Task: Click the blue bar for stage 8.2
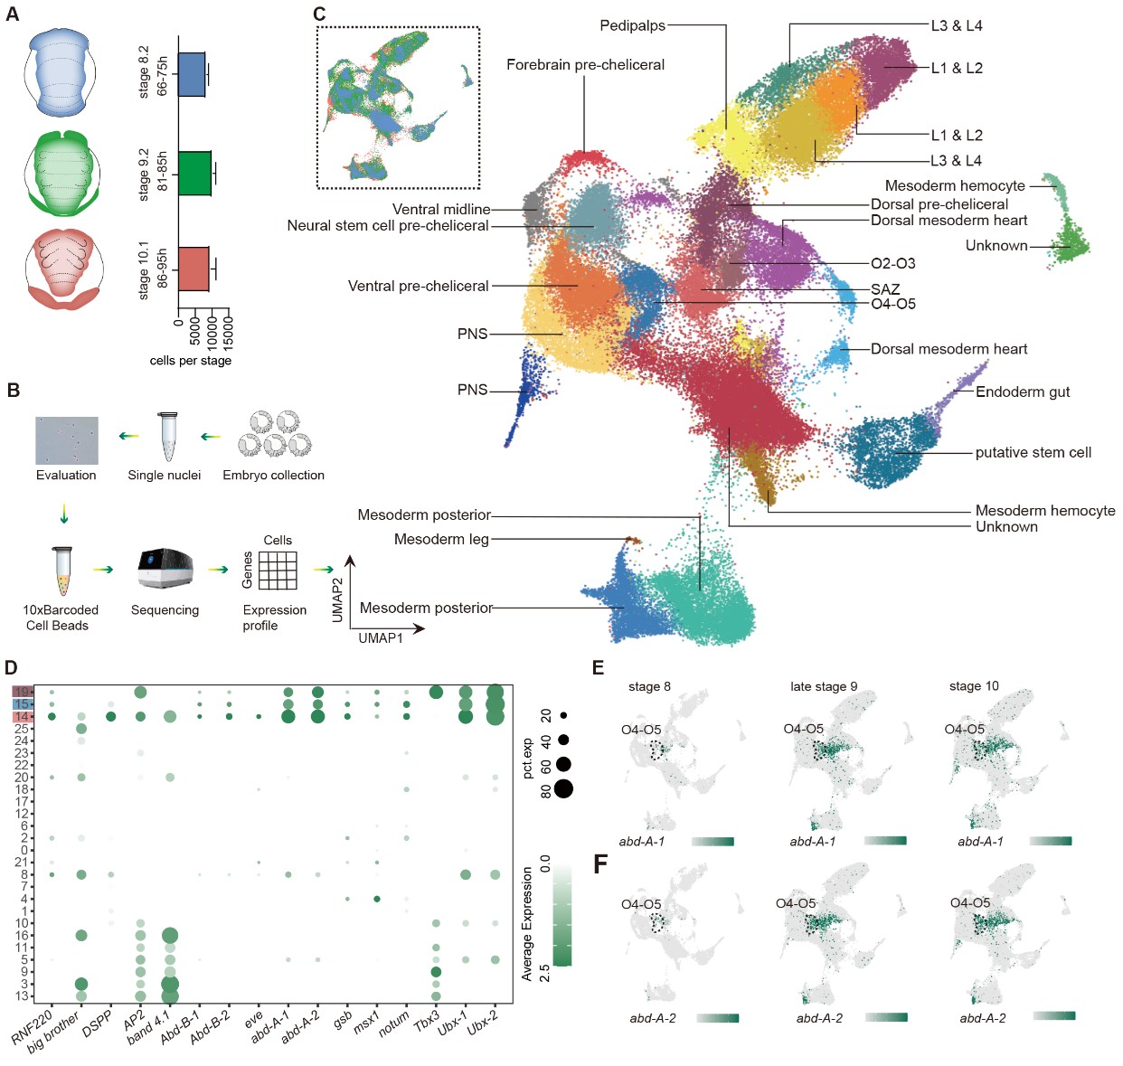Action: tap(192, 74)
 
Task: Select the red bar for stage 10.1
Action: tap(193, 269)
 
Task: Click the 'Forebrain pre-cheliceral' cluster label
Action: tap(585, 65)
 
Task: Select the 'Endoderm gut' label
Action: tap(1023, 391)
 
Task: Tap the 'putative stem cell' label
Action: tap(1033, 452)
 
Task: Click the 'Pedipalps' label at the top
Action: tap(632, 25)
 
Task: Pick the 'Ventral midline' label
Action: tap(441, 209)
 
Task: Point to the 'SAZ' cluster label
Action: tap(885, 289)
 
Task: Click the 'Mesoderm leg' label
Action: tap(441, 539)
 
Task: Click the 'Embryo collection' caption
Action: tap(273, 475)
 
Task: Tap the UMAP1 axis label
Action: tap(381, 637)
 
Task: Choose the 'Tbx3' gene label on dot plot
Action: tap(427, 1021)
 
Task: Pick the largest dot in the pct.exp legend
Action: tap(563, 789)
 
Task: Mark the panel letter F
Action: tap(599, 863)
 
